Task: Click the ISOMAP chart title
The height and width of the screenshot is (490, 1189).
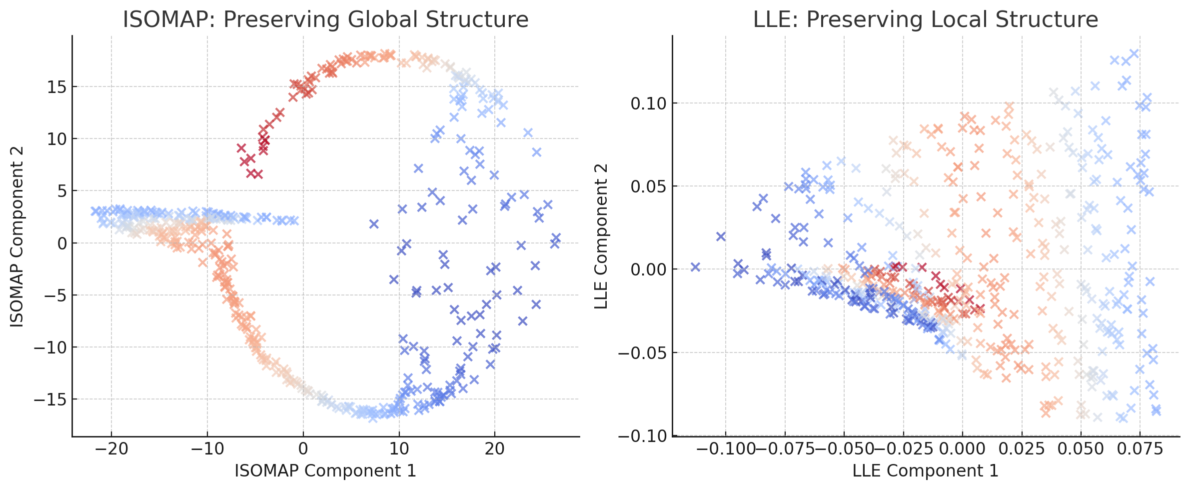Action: click(x=325, y=20)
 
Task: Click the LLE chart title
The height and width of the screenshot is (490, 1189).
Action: click(x=926, y=20)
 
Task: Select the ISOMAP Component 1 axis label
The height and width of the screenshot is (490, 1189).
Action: click(x=325, y=470)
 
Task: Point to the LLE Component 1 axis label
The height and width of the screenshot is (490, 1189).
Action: click(x=925, y=470)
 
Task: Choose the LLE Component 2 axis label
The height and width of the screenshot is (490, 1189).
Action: click(x=601, y=236)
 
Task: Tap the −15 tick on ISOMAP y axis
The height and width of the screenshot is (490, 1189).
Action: click(x=50, y=399)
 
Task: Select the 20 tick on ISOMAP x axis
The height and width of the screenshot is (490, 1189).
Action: click(x=495, y=448)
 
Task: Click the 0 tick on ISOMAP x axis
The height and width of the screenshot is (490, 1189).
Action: click(x=303, y=448)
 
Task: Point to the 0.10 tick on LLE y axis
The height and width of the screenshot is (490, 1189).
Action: click(x=648, y=103)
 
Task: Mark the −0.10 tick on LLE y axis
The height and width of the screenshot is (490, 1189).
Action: click(x=643, y=436)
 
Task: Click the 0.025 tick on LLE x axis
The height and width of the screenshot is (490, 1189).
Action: click(x=1021, y=448)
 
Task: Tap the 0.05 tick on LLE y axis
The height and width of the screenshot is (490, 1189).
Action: click(x=648, y=186)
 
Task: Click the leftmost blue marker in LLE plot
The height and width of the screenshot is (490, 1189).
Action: click(x=695, y=267)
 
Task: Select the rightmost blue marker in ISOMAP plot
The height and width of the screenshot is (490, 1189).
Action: click(x=556, y=237)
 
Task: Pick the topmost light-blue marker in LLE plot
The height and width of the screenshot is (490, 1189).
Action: click(x=1134, y=53)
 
